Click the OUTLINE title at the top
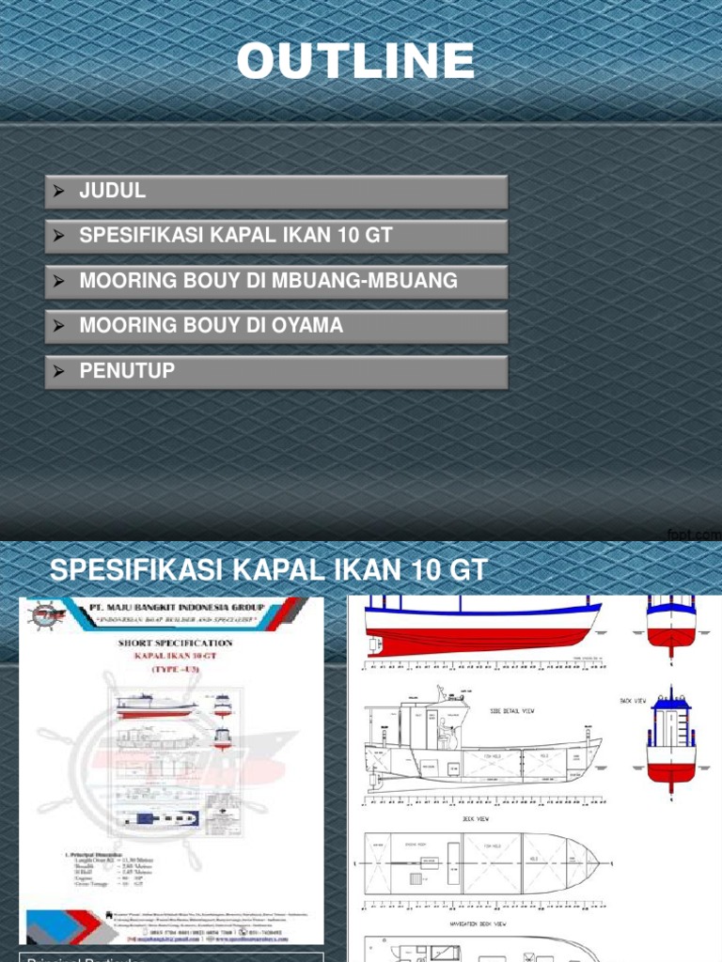pos(355,62)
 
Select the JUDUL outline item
pos(113,192)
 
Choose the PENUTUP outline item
pos(127,371)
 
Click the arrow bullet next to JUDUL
pos(59,192)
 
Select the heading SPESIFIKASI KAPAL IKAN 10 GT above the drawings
pos(268,569)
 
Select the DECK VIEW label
pos(475,818)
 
